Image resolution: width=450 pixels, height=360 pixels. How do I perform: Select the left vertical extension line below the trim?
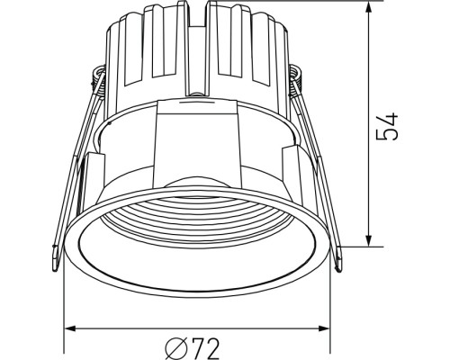click(x=65, y=306)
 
